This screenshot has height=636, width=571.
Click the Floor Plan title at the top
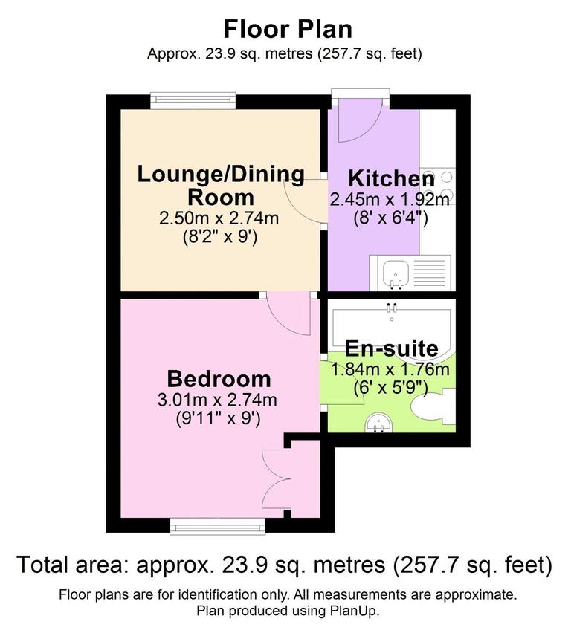(288, 29)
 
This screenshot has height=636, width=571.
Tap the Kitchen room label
(392, 179)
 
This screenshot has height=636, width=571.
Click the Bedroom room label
(218, 378)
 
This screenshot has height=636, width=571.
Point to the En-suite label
(391, 348)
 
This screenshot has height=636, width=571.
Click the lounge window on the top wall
(193, 101)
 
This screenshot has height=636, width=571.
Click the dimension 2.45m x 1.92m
(390, 200)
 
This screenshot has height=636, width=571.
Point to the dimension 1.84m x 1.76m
(390, 369)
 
